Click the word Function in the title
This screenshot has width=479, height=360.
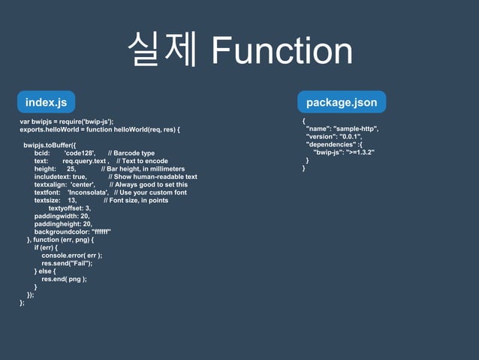(282, 51)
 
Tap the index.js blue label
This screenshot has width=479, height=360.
(46, 101)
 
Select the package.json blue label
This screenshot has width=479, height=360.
(342, 101)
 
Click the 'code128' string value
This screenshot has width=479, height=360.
(79, 153)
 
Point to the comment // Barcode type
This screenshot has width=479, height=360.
(131, 153)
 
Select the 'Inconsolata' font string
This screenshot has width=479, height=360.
(83, 192)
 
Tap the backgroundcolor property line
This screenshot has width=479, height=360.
(73, 231)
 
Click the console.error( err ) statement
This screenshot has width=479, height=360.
(71, 256)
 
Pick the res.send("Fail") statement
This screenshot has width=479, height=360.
(67, 263)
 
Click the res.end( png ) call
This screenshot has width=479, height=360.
(64, 279)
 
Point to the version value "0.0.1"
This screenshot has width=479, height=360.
(350, 137)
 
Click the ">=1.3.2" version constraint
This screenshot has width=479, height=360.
(359, 153)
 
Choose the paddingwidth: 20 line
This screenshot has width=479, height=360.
(62, 216)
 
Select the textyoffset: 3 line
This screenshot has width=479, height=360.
(69, 208)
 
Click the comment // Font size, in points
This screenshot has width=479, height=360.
(136, 200)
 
